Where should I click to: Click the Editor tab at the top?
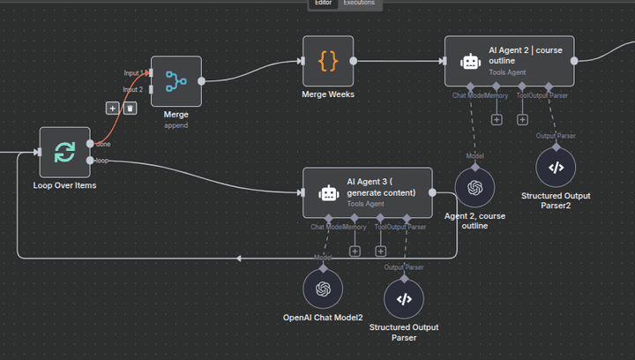click(x=323, y=4)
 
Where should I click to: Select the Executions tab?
click(x=359, y=4)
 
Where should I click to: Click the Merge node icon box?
click(x=176, y=81)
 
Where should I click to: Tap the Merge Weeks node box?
click(x=328, y=61)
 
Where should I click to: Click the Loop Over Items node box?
click(x=64, y=152)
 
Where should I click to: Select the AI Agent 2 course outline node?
click(x=510, y=61)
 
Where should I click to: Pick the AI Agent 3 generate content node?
click(x=368, y=192)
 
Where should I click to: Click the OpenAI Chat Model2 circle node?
click(x=323, y=289)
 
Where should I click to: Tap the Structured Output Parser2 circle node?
click(x=556, y=167)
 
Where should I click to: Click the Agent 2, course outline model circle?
click(x=474, y=187)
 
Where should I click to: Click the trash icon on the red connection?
click(x=130, y=108)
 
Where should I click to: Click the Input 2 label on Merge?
click(x=133, y=89)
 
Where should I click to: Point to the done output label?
click(x=103, y=144)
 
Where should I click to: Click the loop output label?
click(x=102, y=161)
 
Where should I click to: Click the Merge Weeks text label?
click(x=328, y=94)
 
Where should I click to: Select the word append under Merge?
click(x=176, y=125)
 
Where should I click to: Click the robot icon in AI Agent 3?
click(x=329, y=193)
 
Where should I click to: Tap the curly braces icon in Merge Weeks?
click(x=328, y=61)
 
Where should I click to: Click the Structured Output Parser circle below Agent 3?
click(x=404, y=299)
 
